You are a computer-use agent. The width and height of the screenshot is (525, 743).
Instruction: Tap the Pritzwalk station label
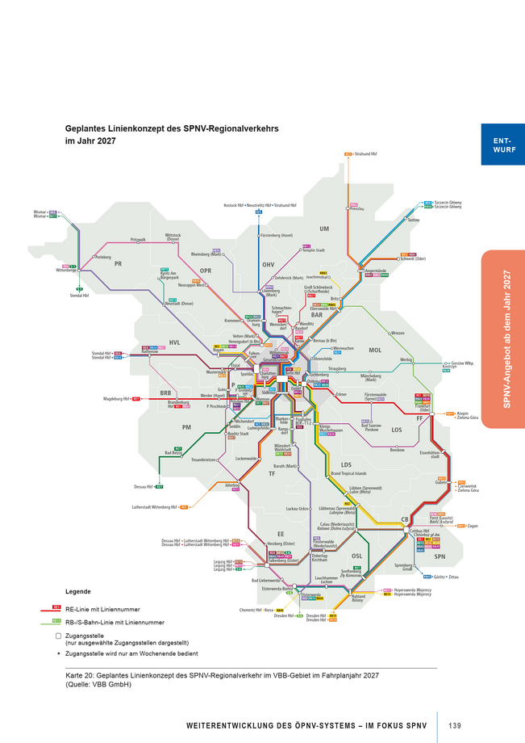coord(137,240)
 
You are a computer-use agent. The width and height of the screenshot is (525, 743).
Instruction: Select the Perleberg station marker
coord(94,257)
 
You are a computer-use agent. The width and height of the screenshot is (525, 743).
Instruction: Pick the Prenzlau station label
coord(358,208)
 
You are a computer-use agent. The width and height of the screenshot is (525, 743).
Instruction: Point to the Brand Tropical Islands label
coord(348,473)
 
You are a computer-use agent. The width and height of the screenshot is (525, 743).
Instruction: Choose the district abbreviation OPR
coord(206,271)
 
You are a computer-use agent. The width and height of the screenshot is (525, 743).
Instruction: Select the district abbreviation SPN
coord(440,556)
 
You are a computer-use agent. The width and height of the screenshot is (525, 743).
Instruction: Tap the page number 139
coord(454,724)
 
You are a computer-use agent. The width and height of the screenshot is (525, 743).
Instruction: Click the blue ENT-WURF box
coord(502,145)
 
